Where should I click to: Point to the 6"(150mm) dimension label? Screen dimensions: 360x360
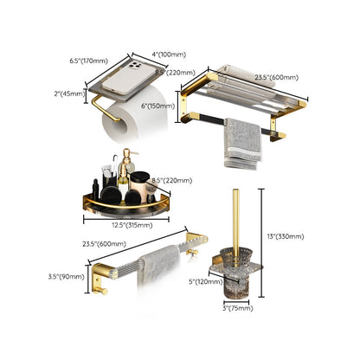pyautogui.click(x=161, y=106)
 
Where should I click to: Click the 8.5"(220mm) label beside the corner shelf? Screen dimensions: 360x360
pyautogui.click(x=173, y=180)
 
